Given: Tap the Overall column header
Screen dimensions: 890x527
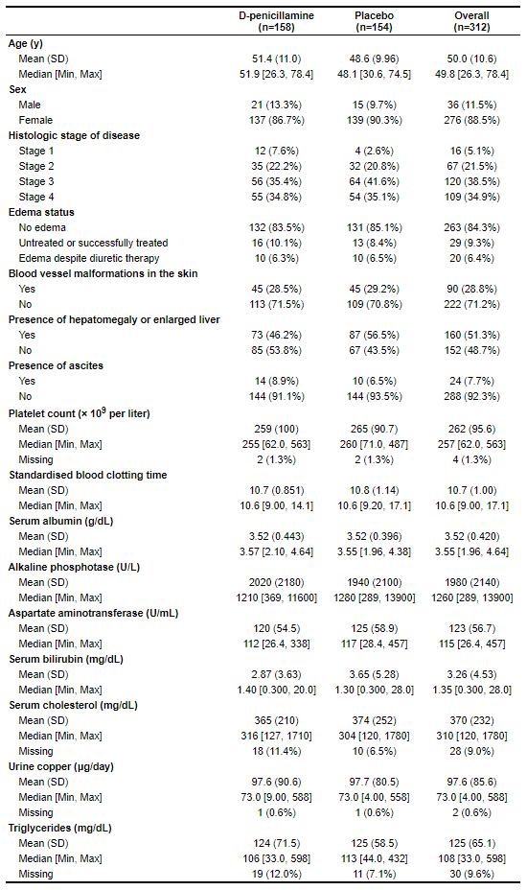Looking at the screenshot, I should pos(470,22).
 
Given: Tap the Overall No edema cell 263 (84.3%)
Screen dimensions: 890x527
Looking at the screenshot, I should pos(470,227).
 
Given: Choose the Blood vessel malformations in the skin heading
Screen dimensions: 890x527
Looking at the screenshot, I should pos(103,273).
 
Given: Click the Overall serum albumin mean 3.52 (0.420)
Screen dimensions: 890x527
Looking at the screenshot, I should pos(470,535).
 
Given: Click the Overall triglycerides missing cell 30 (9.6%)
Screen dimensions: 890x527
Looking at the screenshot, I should pos(470,873).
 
